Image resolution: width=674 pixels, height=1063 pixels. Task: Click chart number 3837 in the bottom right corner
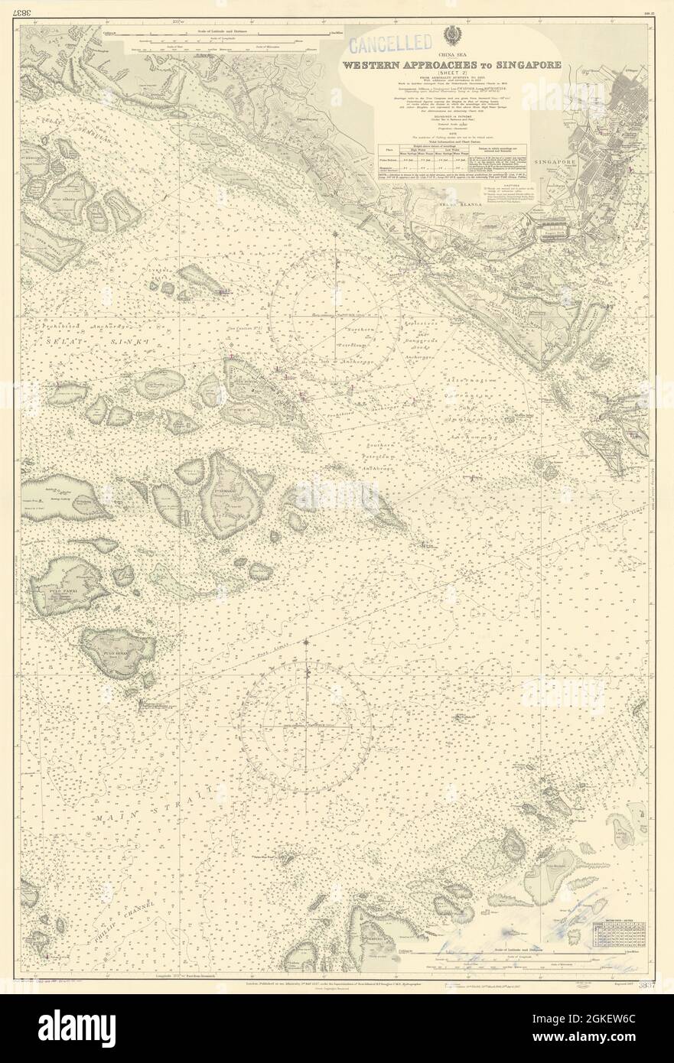click(x=646, y=981)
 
